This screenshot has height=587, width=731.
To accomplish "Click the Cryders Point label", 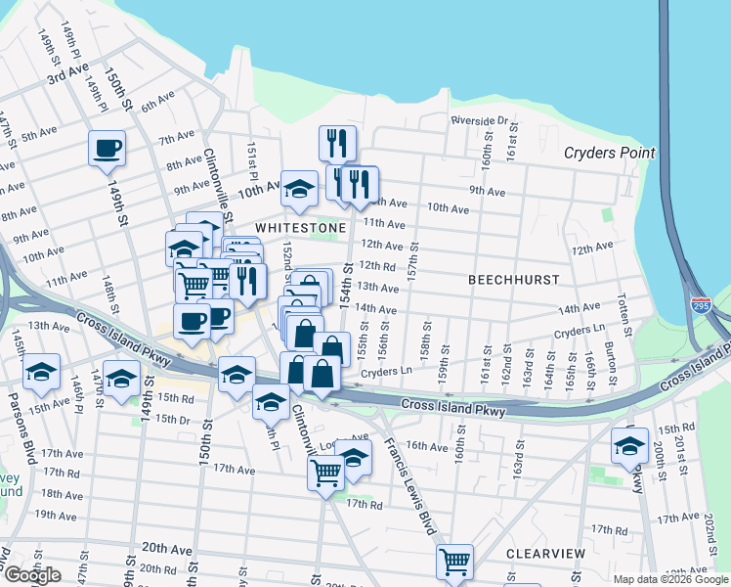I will tap(610, 153).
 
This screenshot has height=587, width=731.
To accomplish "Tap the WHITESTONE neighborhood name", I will tap(301, 227).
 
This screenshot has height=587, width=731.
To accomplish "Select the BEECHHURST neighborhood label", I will tap(513, 280).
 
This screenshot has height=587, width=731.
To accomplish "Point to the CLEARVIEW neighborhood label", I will tap(545, 554).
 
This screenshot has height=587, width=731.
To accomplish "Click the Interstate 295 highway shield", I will tap(700, 305).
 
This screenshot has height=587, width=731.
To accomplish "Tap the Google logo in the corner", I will tap(32, 575).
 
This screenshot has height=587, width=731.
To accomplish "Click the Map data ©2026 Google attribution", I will tap(670, 579).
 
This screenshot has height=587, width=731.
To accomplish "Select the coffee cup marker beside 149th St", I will tap(107, 150).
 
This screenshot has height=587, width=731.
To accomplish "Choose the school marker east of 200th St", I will tap(629, 447).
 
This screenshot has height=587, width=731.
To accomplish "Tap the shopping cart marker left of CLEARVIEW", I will tap(454, 562).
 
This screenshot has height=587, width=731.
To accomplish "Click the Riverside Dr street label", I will tap(480, 121).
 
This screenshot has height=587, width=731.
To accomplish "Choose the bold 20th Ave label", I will tap(167, 548).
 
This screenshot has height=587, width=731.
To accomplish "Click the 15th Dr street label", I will tap(171, 419).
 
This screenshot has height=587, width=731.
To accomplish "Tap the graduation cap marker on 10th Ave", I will tap(299, 190).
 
